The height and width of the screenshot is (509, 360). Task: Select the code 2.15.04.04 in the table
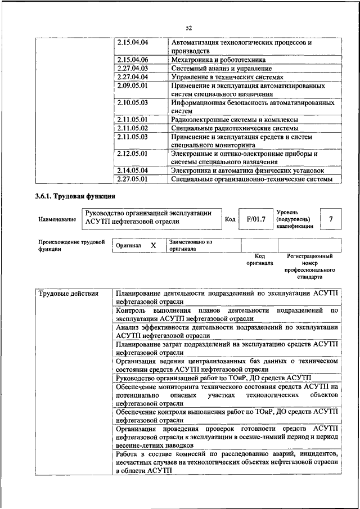[132, 42]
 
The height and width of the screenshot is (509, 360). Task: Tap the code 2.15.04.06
[132, 59]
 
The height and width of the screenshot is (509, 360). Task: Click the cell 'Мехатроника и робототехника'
[218, 59]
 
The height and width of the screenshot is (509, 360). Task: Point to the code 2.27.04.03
[132, 68]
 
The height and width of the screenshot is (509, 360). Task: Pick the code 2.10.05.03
[132, 103]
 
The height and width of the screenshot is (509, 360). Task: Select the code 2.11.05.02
[132, 128]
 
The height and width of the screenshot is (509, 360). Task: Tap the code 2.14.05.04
[132, 170]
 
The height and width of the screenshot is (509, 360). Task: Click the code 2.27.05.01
[132, 179]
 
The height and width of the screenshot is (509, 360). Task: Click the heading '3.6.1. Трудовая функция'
[73, 196]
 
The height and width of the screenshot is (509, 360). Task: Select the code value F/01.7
[255, 219]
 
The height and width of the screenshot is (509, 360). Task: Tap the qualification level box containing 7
[331, 219]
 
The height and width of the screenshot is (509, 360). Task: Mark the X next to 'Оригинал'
[153, 246]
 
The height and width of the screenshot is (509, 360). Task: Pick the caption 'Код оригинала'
[259, 259]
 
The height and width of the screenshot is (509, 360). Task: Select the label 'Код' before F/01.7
[229, 219]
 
